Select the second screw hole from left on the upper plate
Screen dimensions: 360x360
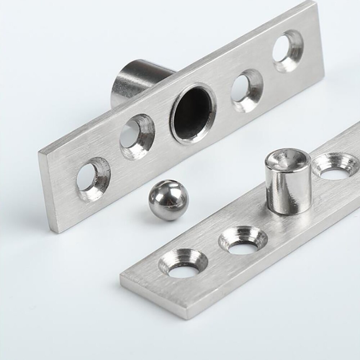[136, 136]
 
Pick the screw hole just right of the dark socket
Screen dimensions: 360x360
[247, 90]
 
